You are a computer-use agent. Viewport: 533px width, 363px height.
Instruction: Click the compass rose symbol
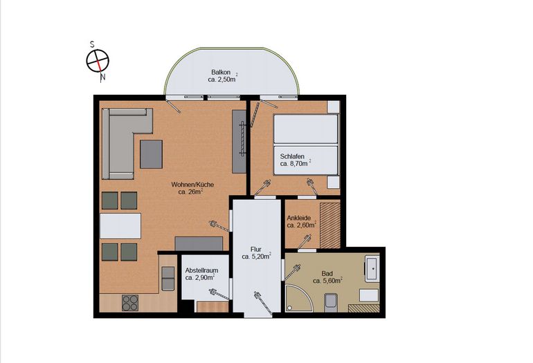[98, 61]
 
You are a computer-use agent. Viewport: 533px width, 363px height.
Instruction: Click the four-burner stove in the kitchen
[130, 303]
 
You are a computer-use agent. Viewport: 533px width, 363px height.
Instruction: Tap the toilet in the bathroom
[330, 303]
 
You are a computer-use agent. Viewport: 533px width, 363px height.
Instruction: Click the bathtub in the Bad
[372, 268]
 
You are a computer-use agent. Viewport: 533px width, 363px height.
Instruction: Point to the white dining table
[120, 226]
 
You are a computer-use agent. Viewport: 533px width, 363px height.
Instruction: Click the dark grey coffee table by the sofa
[152, 154]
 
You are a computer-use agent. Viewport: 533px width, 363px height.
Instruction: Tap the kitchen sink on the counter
[168, 279]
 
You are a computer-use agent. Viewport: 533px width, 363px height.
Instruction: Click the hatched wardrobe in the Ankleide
[330, 225]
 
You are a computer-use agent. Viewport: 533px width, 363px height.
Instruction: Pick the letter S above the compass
[92, 44]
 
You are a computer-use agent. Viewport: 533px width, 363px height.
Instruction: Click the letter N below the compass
[102, 77]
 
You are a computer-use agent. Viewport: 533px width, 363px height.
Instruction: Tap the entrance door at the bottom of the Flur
[263, 304]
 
